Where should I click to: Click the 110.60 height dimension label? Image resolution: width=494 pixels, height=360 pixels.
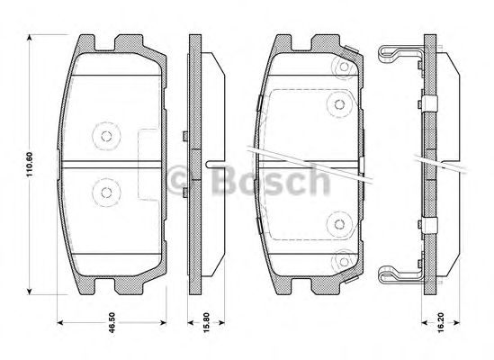29,163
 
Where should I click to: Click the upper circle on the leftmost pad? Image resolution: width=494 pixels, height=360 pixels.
105,137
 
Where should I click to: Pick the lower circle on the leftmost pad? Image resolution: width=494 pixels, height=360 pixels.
105,191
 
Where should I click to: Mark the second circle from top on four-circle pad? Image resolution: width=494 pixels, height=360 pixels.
339,103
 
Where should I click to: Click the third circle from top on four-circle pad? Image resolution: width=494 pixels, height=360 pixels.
339,225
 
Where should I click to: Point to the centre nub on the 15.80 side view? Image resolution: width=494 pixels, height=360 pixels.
213,164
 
